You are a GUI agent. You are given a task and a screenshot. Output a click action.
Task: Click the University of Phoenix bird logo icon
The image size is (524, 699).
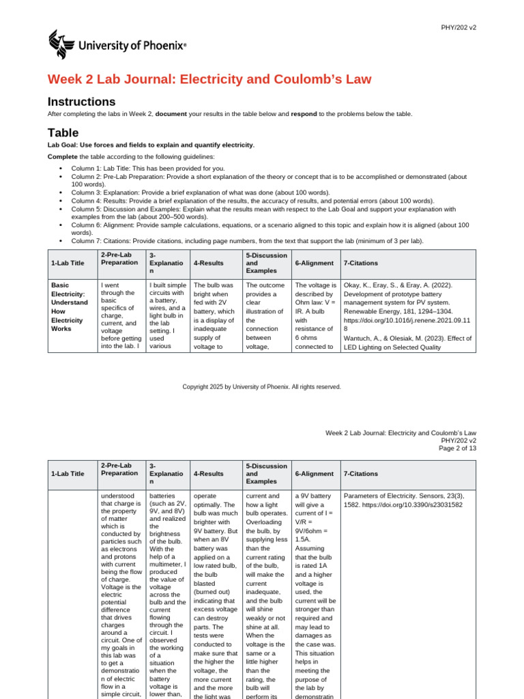(x=61, y=45)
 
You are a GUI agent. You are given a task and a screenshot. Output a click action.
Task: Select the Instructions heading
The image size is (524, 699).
(x=81, y=102)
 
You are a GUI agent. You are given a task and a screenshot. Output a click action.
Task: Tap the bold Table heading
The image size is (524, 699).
(x=63, y=132)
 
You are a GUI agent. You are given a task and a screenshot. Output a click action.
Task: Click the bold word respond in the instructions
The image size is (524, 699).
(x=304, y=114)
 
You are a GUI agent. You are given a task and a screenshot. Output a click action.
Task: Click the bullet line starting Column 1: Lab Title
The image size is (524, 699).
(x=147, y=168)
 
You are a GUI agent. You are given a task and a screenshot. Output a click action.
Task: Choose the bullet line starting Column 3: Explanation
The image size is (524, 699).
(x=200, y=192)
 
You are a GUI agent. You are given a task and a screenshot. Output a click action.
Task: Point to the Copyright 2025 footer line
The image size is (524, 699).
(x=261, y=387)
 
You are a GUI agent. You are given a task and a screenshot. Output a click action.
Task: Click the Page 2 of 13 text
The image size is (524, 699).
(x=457, y=448)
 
